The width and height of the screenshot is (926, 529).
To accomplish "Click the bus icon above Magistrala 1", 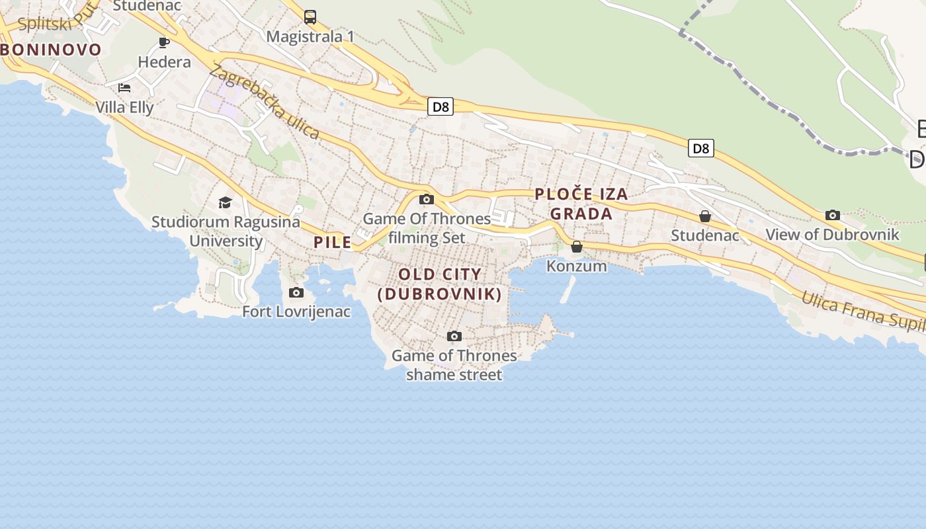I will pos(310,17).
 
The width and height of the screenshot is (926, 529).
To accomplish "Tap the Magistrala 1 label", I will pos(310,36).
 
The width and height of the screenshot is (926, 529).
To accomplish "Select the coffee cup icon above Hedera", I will pos(164,43).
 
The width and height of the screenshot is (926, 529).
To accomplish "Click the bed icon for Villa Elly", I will pos(124,87).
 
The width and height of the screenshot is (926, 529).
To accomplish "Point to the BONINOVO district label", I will pos(51,50).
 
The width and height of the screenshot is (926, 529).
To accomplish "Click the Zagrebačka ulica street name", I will pos(265,102).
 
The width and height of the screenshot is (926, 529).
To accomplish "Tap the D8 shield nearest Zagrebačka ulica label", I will pos(440,106).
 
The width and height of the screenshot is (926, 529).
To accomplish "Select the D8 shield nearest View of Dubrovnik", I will pos(701,148).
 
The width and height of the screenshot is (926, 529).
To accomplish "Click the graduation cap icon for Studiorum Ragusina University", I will pos(226,202).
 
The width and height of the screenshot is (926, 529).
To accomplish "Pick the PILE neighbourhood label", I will pos(333,243).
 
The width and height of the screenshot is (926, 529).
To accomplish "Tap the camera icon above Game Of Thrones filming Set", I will pos(427,199).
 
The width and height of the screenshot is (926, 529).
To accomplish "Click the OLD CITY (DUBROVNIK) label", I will pos(440,284).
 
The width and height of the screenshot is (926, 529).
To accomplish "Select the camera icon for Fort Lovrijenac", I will pos(296,292).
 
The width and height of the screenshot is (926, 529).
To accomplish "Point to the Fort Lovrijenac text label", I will pos(296,311).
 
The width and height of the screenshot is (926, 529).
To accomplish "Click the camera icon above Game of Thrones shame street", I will pos(454,336).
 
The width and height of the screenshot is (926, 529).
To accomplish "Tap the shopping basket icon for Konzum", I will pos(577,247).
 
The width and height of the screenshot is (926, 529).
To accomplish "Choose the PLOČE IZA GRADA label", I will pos(581,204).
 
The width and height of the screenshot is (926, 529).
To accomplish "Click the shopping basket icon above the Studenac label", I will pos(705,216).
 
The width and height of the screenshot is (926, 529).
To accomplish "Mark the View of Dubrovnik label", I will pos(832,235).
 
